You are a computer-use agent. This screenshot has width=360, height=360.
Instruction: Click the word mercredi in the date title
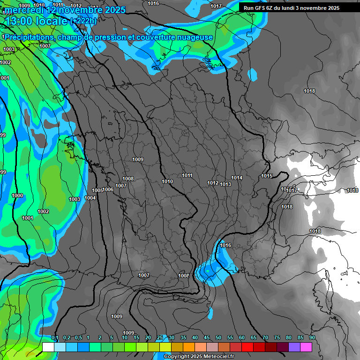pos(22,10)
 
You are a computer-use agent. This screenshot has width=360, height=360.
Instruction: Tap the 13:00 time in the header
pos(19,21)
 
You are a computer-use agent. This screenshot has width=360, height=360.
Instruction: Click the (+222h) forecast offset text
pos(83,21)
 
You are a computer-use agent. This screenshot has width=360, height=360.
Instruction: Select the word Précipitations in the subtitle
pos(29,37)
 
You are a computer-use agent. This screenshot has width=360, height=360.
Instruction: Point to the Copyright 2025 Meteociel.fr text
pos(199,357)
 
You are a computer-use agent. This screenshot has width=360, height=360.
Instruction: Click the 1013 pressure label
pos(225,184)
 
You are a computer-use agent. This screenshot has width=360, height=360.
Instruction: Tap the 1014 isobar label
pos(237,178)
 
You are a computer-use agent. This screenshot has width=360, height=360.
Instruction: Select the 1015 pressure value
pos(267,176)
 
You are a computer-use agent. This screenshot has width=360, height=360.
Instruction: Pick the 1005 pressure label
pos(97,190)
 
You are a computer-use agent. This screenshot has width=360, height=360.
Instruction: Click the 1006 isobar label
pos(108,189)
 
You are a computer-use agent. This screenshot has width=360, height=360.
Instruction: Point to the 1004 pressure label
pos(90,198)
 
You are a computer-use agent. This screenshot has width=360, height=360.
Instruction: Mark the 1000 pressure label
pos(17,195)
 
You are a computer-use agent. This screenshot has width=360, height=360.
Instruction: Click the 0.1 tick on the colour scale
pos(55,338)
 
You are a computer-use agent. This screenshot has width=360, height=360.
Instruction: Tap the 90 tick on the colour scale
pos(312,338)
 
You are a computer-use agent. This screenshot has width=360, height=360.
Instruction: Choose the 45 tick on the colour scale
pos(207,338)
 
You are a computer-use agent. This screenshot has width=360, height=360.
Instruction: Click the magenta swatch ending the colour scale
pos(306,347)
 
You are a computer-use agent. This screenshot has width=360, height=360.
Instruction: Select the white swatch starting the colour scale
pos(48,347)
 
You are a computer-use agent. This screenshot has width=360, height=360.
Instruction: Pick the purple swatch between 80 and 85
pos(294,347)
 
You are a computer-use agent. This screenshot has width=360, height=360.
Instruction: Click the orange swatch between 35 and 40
pos(189,347)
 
